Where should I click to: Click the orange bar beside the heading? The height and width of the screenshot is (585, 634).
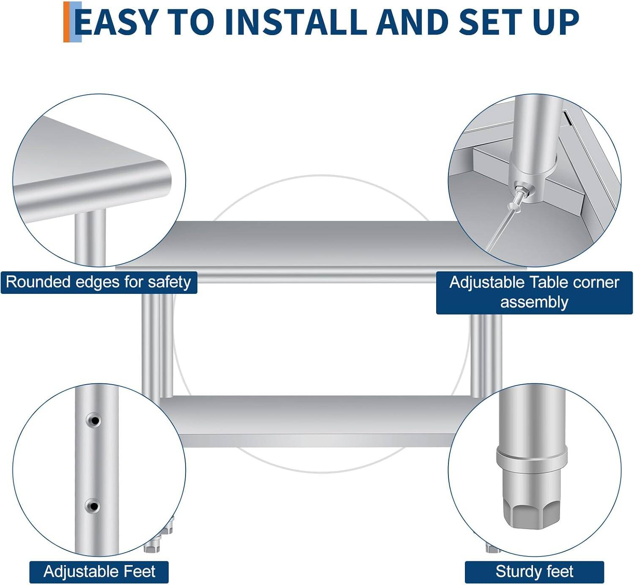[x=66, y=22]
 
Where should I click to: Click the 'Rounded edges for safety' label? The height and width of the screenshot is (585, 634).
[x=98, y=282]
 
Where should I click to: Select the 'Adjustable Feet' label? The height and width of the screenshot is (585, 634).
[x=99, y=572]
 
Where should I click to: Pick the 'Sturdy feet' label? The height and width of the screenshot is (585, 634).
[x=534, y=572]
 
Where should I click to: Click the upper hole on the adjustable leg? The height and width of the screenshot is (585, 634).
[x=93, y=421]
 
